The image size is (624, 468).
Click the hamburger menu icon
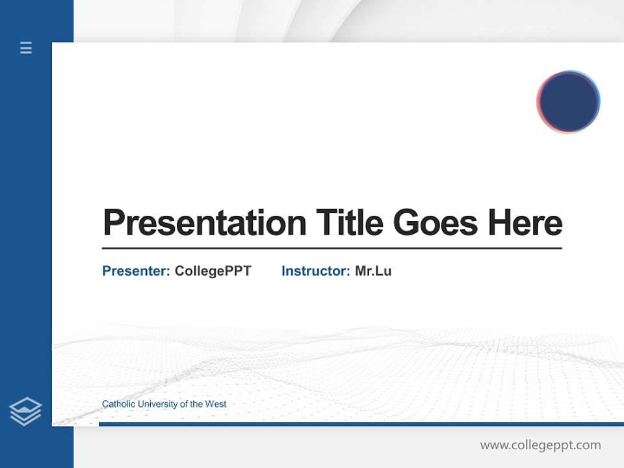(26, 47)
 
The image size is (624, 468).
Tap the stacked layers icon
(25, 411)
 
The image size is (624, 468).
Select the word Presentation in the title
(204, 223)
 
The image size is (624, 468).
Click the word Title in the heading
(349, 222)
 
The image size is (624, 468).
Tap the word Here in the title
(525, 222)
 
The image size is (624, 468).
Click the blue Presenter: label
(136, 271)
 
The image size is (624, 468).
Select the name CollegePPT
(213, 271)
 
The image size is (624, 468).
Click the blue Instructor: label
(315, 271)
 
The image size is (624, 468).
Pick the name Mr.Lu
(373, 271)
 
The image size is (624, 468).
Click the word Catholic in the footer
(118, 404)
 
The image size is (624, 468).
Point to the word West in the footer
(216, 404)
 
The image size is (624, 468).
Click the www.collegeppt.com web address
(540, 445)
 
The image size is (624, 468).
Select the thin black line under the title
(331, 248)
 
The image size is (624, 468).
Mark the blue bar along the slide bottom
(361, 424)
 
